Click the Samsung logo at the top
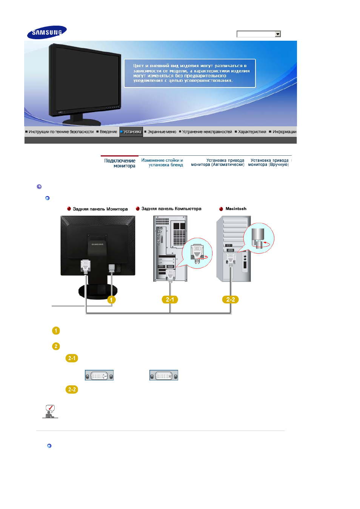(47, 32)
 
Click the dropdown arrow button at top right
(277, 34)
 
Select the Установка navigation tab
(131, 132)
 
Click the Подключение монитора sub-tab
(120, 163)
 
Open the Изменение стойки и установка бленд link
(162, 163)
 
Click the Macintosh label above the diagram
(236, 209)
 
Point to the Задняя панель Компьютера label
(171, 209)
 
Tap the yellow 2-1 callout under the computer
(170, 300)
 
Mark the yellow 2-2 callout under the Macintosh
(230, 300)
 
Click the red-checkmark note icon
(50, 411)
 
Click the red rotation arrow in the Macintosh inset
(266, 244)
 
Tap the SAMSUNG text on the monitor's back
(97, 244)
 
